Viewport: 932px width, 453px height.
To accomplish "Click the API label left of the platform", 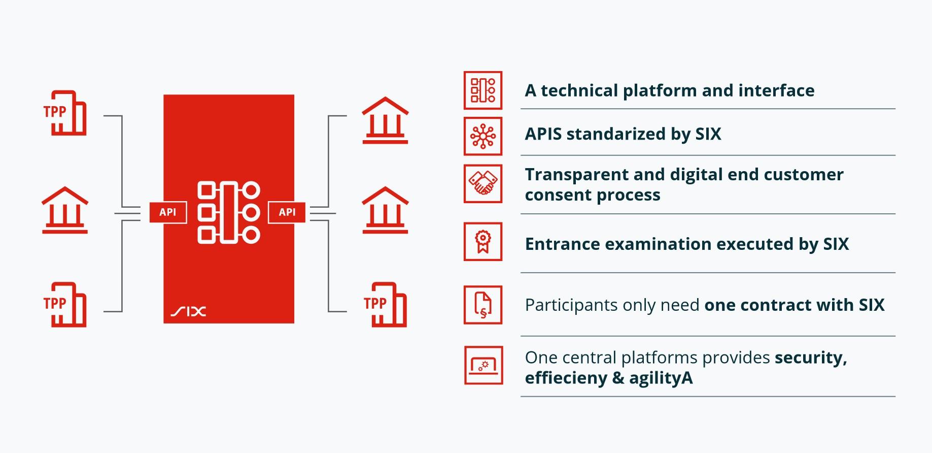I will (168, 212).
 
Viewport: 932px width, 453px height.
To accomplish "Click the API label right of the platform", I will (287, 212).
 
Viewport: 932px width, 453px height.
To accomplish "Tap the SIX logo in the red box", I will (188, 311).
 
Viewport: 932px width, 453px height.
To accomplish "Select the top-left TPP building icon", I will (65, 113).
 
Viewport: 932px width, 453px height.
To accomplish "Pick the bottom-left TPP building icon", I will (65, 305).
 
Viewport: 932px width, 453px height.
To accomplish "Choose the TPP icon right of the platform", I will (385, 305).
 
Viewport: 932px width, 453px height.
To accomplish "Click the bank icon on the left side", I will (65, 210).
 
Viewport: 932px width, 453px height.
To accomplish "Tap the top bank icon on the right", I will (385, 120).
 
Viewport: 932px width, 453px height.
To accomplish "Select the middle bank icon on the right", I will (385, 210).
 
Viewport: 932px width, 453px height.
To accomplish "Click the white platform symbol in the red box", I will (229, 212).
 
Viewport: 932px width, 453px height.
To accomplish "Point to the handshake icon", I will (483, 183).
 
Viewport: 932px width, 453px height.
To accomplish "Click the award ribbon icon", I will (483, 242).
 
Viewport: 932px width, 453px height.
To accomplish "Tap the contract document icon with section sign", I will (483, 305).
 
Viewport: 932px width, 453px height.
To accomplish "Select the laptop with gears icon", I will (484, 365).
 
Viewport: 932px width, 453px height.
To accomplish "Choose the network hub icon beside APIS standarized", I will (483, 136).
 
